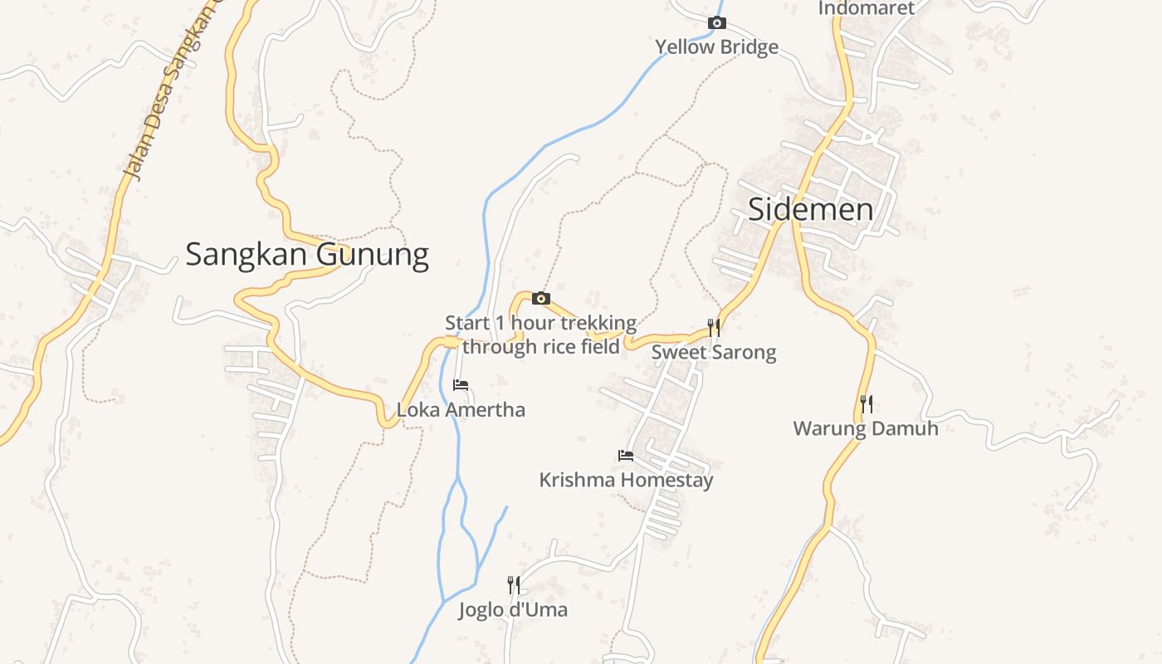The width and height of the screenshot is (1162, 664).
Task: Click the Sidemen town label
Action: pos(810,209)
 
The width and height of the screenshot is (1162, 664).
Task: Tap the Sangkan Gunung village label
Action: pos(306,254)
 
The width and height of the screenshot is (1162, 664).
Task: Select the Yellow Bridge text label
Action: pos(716,47)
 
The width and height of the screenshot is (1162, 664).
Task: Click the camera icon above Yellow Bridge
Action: pos(716,23)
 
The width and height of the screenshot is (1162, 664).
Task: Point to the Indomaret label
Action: pos(866,8)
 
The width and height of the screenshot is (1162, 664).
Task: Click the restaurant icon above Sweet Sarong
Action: pos(714,327)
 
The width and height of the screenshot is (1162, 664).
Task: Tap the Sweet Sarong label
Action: pos(714,353)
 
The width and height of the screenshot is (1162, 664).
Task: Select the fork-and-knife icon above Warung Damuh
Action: pos(866,404)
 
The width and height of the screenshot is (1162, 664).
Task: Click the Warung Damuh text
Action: pos(866,429)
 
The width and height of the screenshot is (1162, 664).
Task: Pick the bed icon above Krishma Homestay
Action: pos(626,456)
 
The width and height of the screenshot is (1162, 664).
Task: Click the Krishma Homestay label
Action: pos(626,481)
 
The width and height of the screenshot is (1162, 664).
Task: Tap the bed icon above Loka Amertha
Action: pos(461,385)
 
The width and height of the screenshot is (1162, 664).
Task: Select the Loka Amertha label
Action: pos(461,410)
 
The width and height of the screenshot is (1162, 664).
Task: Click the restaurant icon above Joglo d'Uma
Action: pos(514,585)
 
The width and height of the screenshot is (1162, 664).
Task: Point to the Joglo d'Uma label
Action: pos(513,611)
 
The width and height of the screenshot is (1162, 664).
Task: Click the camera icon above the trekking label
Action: pos(541,299)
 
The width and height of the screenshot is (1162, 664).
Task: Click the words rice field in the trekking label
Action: pos(581,347)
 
